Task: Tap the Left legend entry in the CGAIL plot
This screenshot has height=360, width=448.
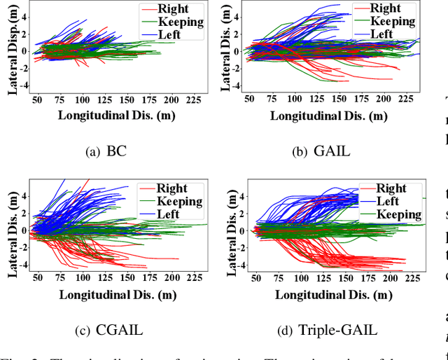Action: pos(168,214)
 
